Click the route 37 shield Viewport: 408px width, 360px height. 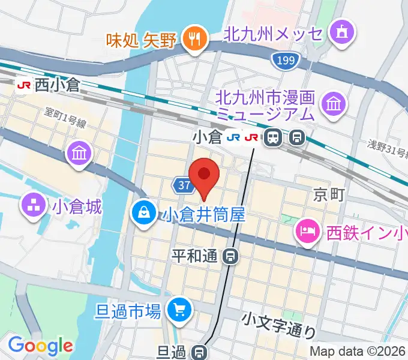click(x=185, y=185)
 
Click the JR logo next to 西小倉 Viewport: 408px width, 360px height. click(x=25, y=86)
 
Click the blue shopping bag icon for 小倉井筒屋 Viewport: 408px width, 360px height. click(x=145, y=212)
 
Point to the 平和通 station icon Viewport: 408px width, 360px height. click(x=230, y=257)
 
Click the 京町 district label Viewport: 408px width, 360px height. click(x=329, y=194)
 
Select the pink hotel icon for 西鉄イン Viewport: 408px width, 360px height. click(x=307, y=230)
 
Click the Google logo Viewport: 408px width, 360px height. click(x=40, y=346)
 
